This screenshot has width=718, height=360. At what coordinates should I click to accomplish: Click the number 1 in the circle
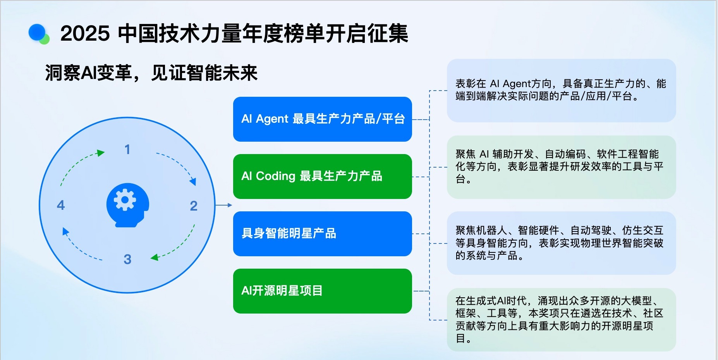(x=127, y=149)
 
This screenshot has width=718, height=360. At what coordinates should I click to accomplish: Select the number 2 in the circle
(x=194, y=206)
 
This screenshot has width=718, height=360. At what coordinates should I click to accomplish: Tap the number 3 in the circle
(x=127, y=259)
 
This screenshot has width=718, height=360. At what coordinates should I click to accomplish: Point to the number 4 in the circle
(x=61, y=205)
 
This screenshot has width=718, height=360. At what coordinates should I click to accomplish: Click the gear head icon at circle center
(x=127, y=205)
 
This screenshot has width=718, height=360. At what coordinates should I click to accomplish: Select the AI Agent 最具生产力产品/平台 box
(x=322, y=119)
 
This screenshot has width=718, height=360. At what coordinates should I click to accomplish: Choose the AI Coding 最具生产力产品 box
(x=322, y=177)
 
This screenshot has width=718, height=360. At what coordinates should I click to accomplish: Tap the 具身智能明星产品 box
(x=322, y=234)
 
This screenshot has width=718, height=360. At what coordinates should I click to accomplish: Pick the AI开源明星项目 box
(x=322, y=291)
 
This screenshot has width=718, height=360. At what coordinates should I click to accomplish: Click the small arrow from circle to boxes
(x=224, y=205)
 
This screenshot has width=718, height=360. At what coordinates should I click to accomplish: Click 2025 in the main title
(x=85, y=33)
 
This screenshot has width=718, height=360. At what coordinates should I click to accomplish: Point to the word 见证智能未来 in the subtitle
(x=204, y=73)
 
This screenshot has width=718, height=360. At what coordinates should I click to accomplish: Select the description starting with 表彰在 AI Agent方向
(x=561, y=90)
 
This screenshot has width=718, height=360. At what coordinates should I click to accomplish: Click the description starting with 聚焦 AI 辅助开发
(x=560, y=166)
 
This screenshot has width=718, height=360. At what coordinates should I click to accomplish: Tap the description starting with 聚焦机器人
(x=560, y=243)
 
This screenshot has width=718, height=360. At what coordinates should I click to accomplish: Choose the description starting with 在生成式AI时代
(x=560, y=319)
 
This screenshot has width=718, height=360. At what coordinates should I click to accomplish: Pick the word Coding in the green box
(x=276, y=176)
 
